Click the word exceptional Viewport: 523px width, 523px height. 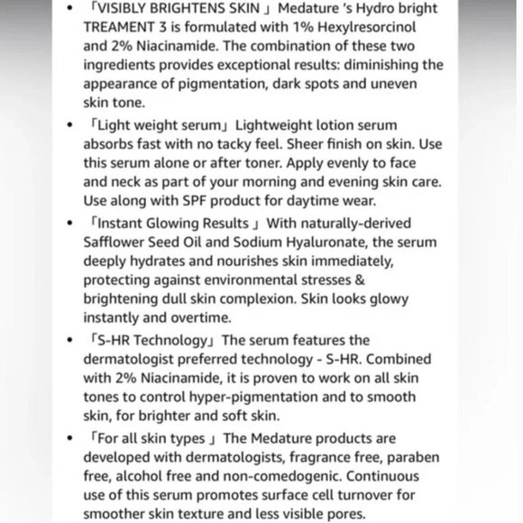244,65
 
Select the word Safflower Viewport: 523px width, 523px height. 115,243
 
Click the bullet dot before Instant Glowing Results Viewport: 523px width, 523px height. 71,223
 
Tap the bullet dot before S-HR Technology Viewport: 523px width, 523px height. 71,341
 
